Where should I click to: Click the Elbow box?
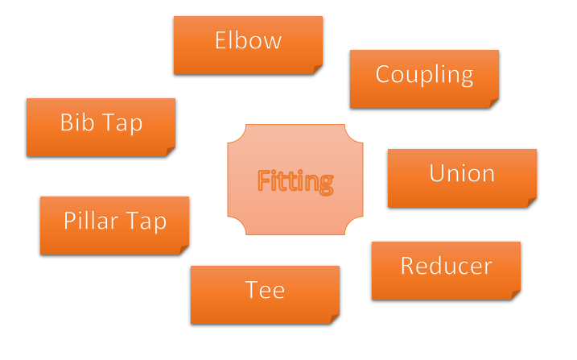coord(248,45)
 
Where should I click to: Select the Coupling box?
coord(424,78)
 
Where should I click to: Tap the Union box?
coord(462,177)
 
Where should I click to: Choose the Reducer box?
coord(446,270)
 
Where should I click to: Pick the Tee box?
coord(265,294)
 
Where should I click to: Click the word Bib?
coord(76,122)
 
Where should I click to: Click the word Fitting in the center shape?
coord(295,181)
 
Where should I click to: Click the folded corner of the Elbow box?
coord(318,69)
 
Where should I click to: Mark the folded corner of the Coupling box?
coord(493,103)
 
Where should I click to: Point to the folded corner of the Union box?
coord(531,203)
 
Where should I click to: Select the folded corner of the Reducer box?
coord(515,296)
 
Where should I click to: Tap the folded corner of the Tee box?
coord(334,320)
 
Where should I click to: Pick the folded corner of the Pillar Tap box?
coord(183,250)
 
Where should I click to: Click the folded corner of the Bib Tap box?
coord(170,151)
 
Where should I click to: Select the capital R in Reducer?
coord(409,267)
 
